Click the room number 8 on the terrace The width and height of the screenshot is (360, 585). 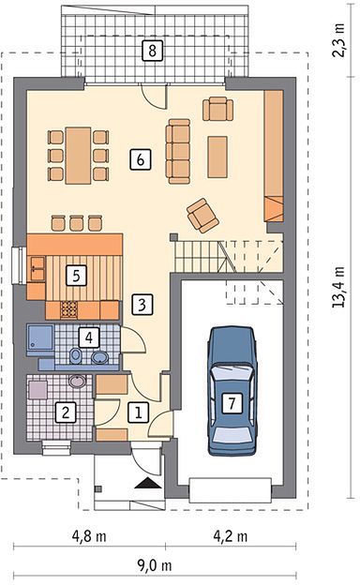tap(152, 51)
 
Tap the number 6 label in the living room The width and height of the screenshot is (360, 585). tap(141, 159)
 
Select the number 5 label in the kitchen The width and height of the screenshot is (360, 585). tap(76, 276)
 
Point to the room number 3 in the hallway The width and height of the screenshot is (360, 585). tap(142, 305)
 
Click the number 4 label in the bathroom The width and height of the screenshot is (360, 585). tap(89, 337)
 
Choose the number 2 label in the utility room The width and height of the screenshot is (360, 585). tap(66, 412)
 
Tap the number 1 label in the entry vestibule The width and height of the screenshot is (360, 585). tap(139, 412)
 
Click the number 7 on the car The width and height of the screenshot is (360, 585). tap(232, 403)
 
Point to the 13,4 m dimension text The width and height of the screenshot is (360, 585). tap(338, 287)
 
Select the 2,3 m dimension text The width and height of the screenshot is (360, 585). tap(338, 39)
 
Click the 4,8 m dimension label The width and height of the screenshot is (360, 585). tap(89, 536)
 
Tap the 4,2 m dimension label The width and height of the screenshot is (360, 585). tap(231, 536)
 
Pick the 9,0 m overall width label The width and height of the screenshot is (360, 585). tap(155, 566)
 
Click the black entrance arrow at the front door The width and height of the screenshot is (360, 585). tap(148, 483)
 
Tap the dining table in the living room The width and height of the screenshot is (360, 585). tap(79, 156)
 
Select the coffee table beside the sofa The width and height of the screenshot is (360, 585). tap(217, 157)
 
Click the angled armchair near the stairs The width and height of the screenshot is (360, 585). tap(202, 216)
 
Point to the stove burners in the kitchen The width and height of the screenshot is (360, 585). tap(69, 309)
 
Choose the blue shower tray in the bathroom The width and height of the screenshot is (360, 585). tap(40, 337)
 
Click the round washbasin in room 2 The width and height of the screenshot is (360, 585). tap(78, 381)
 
